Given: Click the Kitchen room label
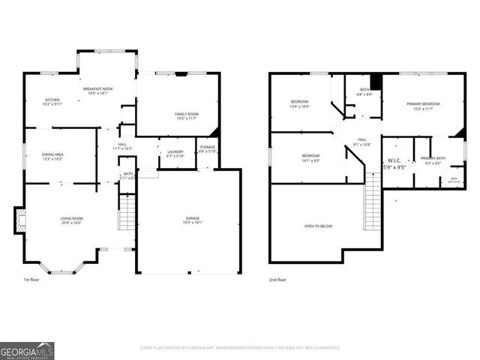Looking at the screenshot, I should (52, 103).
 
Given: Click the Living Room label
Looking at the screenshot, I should (72, 220).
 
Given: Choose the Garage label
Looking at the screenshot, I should (193, 220).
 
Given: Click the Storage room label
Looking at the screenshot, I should (208, 150).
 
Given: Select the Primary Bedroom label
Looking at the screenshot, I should (423, 106).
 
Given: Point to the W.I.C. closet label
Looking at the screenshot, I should (395, 163).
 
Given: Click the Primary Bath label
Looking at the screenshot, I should (433, 160).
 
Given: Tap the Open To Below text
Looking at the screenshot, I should (319, 226).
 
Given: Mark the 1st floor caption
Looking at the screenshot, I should (31, 279).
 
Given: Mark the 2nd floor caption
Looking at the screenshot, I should (278, 279).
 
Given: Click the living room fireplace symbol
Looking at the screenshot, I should (22, 220).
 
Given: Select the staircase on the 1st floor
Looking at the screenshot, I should (126, 212).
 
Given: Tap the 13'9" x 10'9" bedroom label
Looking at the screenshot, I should (300, 104).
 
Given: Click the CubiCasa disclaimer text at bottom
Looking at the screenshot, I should (240, 348).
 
